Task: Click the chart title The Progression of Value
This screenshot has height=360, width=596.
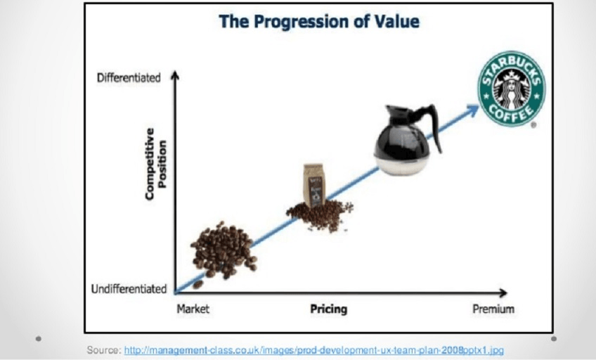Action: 319,21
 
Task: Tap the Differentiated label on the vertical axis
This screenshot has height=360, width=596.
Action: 129,78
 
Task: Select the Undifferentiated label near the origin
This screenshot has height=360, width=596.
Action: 129,289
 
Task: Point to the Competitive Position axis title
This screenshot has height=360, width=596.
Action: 156,163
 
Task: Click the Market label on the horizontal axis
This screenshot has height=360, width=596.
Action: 193,309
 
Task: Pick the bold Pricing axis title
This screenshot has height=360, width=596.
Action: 329,309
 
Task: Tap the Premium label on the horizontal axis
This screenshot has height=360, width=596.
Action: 493,309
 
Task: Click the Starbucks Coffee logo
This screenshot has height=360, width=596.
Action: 511,89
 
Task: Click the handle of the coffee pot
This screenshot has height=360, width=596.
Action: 434,125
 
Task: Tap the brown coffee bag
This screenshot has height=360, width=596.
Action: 314,186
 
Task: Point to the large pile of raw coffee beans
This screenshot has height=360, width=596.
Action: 223,251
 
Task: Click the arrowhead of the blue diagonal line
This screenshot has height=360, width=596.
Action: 474,109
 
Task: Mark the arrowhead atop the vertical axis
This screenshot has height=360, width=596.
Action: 174,75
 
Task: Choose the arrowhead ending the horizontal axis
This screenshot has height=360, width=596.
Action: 503,292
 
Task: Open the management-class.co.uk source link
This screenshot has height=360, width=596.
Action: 314,349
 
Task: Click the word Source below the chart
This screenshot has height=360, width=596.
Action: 104,349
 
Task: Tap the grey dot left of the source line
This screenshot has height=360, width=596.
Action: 39,338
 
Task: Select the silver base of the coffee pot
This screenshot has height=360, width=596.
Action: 402,165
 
